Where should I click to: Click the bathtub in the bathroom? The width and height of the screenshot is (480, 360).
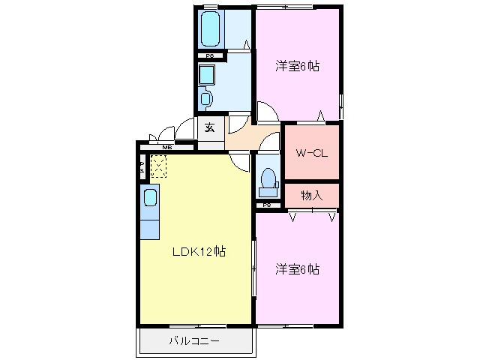point(211,29)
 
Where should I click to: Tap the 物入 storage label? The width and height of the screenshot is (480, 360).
point(311,195)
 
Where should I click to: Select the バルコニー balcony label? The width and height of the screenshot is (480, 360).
point(193,341)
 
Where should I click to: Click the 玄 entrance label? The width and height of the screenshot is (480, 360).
point(210,127)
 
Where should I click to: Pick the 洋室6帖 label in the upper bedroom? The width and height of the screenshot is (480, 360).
point(297,66)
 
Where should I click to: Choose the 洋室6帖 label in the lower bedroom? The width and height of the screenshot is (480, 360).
point(297,268)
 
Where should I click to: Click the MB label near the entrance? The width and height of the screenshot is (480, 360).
point(167,148)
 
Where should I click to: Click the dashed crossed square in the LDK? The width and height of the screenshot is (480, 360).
point(158,166)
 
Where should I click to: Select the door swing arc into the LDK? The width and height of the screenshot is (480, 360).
point(239,160)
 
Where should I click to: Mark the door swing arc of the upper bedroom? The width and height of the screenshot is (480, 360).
point(266,112)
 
